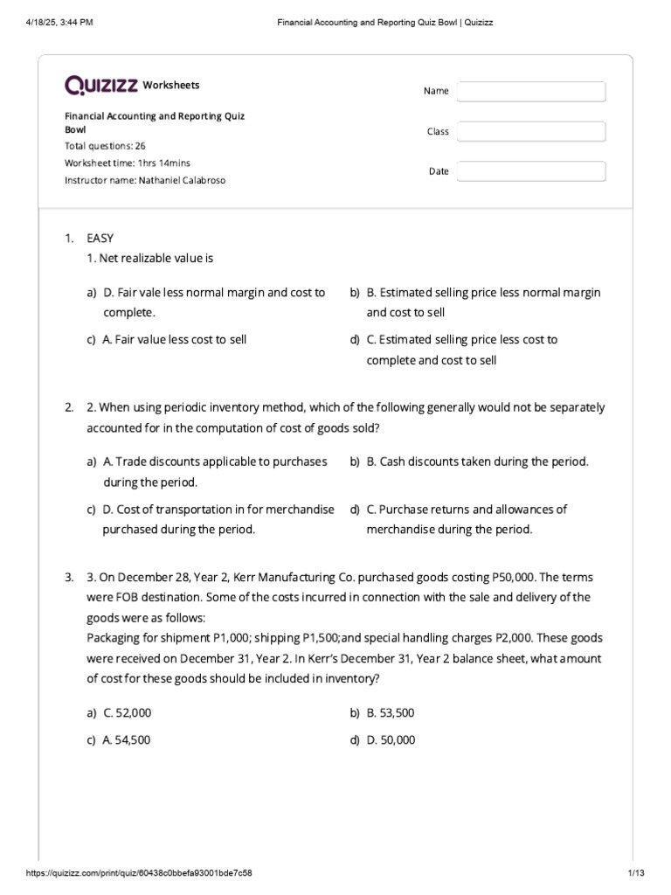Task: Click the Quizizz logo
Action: [x=100, y=85]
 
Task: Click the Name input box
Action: [x=531, y=92]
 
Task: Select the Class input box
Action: [x=531, y=131]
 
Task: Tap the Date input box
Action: [x=531, y=171]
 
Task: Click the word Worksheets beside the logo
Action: [x=171, y=85]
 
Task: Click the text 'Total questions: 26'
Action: [x=105, y=146]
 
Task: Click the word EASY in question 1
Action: [x=100, y=238]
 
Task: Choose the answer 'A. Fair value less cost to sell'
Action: [x=175, y=339]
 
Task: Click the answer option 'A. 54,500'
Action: [x=127, y=739]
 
